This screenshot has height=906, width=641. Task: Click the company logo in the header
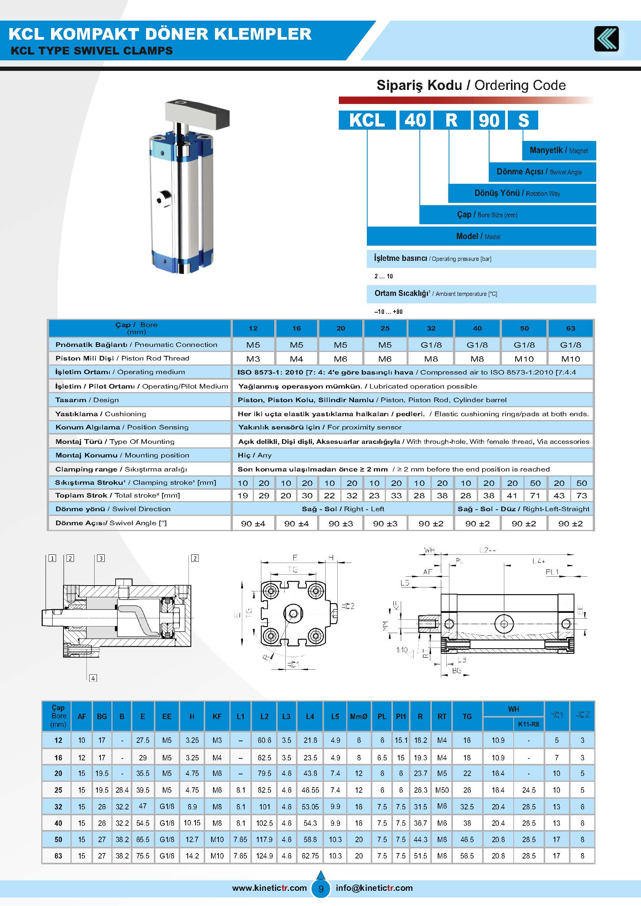click(x=606, y=39)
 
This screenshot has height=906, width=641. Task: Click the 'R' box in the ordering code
click(x=451, y=120)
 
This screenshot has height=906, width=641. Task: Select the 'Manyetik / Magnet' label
click(x=558, y=150)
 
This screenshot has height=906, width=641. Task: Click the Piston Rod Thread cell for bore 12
click(x=253, y=359)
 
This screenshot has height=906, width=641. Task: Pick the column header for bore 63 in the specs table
click(x=571, y=328)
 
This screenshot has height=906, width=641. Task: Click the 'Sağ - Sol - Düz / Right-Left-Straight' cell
click(x=523, y=509)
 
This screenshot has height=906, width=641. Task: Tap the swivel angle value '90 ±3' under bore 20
click(x=341, y=524)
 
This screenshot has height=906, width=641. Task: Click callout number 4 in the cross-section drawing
click(x=93, y=678)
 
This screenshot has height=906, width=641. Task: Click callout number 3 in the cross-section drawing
click(x=101, y=558)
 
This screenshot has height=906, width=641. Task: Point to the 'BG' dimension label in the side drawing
click(x=456, y=670)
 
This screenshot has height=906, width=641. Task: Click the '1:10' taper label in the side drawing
click(x=402, y=650)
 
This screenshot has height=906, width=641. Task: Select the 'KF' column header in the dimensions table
click(x=217, y=716)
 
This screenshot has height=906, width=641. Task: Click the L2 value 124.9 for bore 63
click(x=264, y=856)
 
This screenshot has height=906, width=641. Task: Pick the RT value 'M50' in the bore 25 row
click(x=442, y=790)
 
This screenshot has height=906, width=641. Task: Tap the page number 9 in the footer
click(x=320, y=888)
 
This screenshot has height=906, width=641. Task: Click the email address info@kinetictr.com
click(x=374, y=888)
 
